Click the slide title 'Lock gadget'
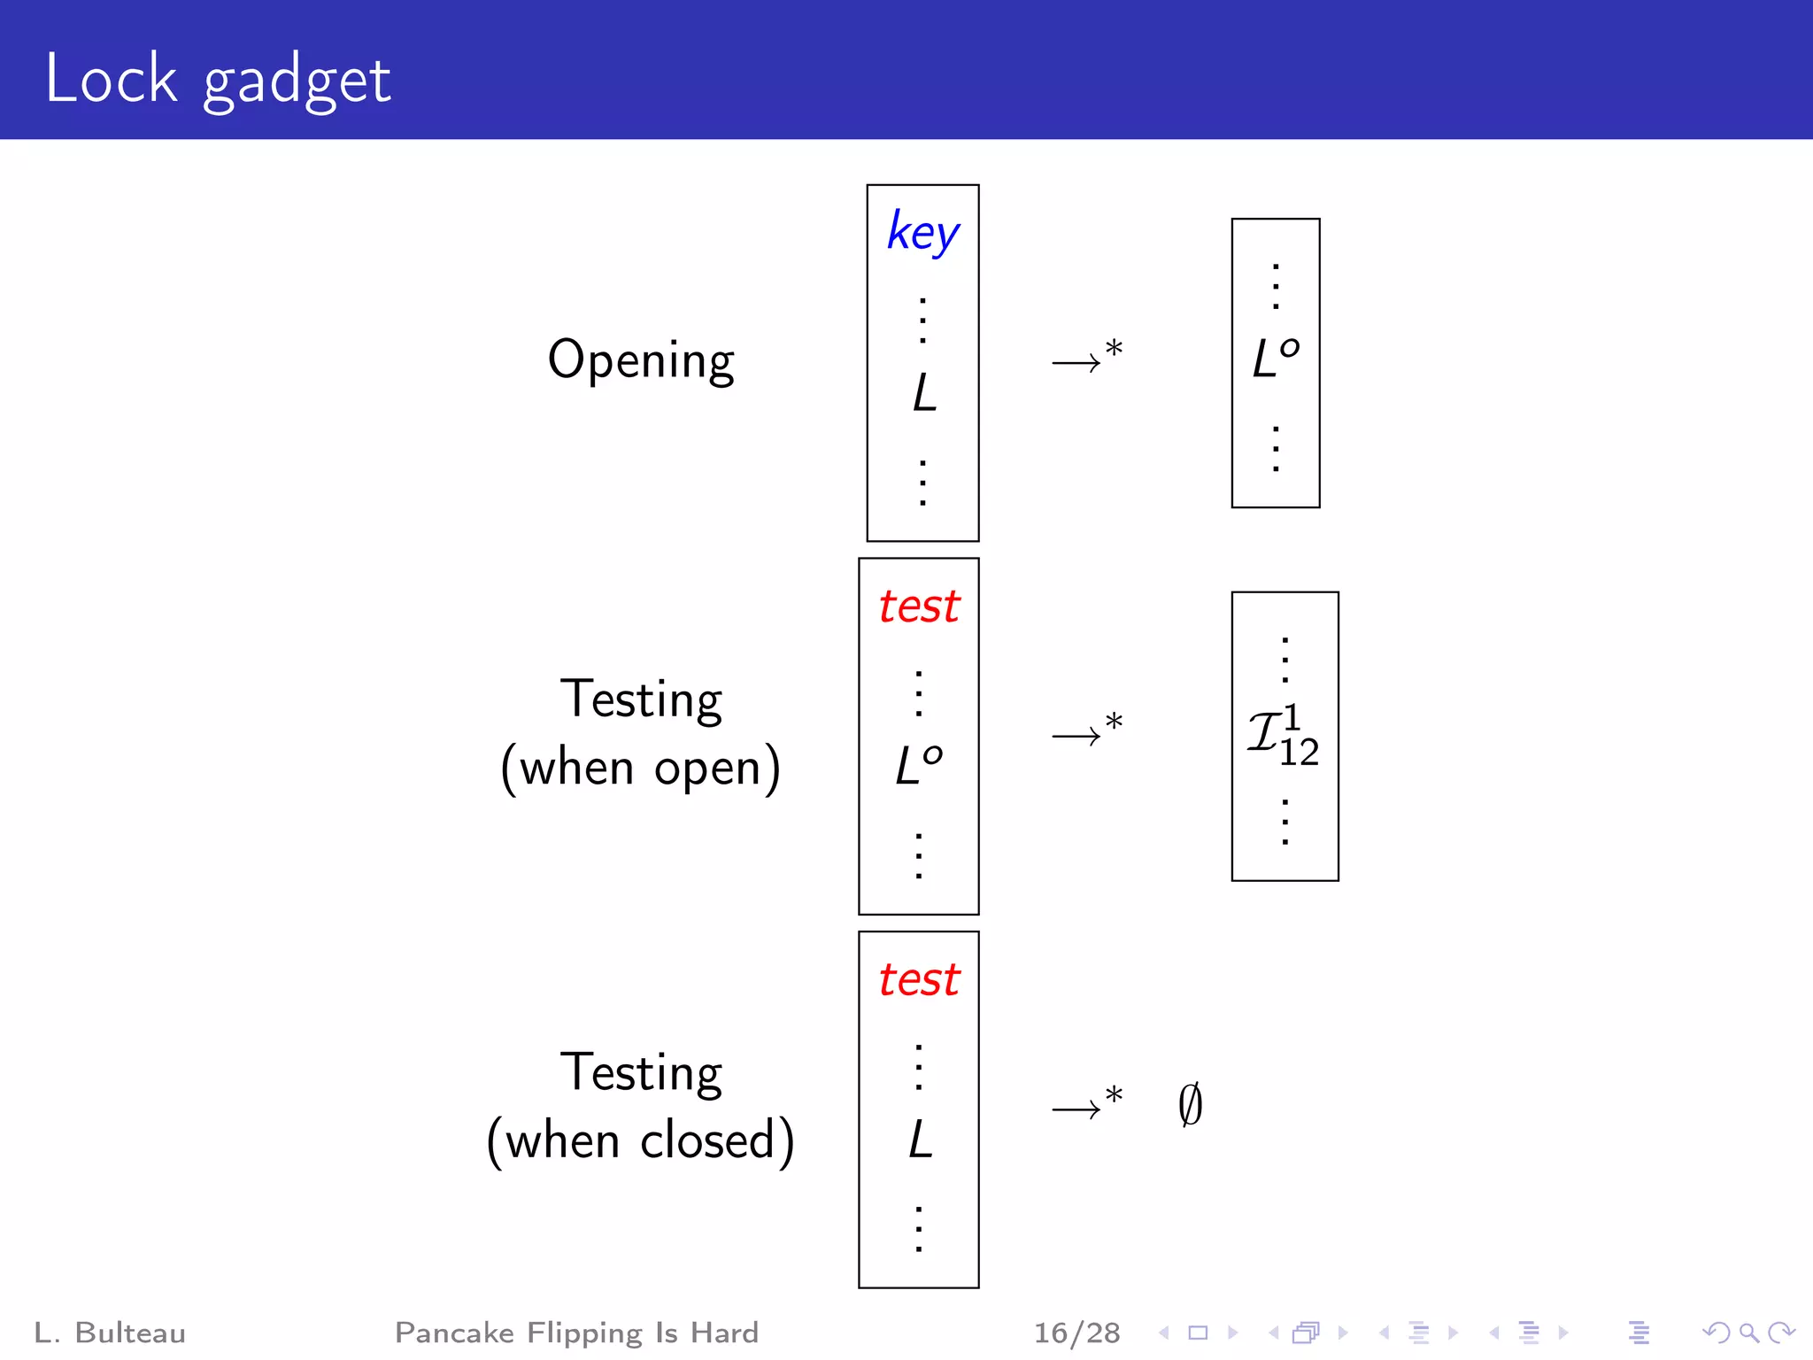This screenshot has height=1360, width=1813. pos(218,80)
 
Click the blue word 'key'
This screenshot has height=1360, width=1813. pos(922,233)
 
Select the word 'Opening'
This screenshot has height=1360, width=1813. pos(641,360)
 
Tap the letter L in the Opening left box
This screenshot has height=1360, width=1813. pos(924,392)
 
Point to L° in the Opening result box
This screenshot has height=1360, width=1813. pos(1276,358)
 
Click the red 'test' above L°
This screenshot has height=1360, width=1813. pos(919,607)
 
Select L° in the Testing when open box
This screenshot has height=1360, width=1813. pos(919,765)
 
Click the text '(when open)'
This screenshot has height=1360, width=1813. pos(641,768)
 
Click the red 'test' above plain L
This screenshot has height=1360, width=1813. pos(919,980)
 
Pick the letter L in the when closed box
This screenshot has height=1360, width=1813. pos(921,1139)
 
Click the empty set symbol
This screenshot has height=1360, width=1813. pos(1191,1104)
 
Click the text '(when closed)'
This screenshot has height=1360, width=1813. pos(641,1140)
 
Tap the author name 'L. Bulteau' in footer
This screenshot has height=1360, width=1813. pos(110,1333)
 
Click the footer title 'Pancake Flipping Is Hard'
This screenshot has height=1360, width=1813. pos(576,1333)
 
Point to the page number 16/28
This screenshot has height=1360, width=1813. pos(1076,1333)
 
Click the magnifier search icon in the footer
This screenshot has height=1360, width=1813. pos(1748,1333)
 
